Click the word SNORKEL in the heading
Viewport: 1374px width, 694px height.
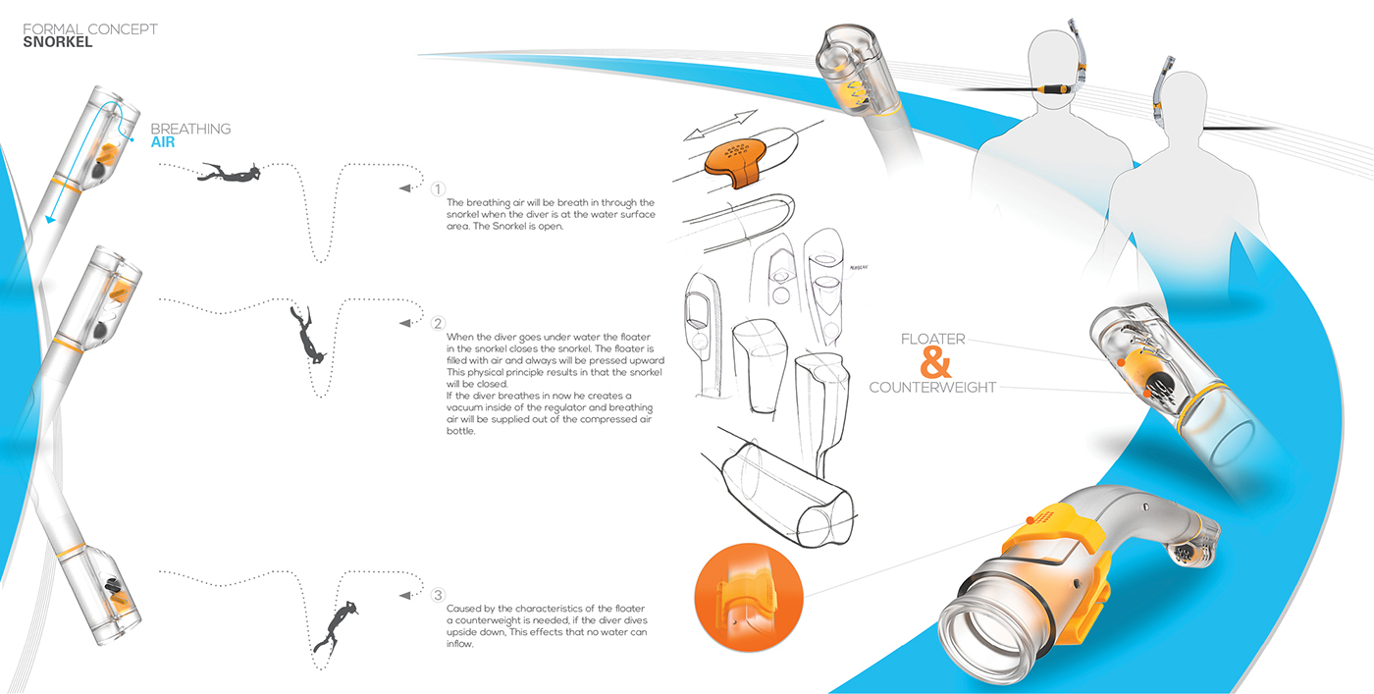[58, 42]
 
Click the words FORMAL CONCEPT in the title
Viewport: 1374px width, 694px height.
[90, 29]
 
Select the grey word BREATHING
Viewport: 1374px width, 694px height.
[190, 129]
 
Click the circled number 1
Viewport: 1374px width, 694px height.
[439, 188]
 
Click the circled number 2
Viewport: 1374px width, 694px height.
[439, 323]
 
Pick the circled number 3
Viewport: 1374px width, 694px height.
[439, 595]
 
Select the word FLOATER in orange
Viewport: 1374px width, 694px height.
[933, 340]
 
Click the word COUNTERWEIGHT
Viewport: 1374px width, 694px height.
[932, 388]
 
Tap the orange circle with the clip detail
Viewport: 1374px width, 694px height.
[748, 598]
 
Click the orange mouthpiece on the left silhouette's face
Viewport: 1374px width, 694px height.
[1062, 87]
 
